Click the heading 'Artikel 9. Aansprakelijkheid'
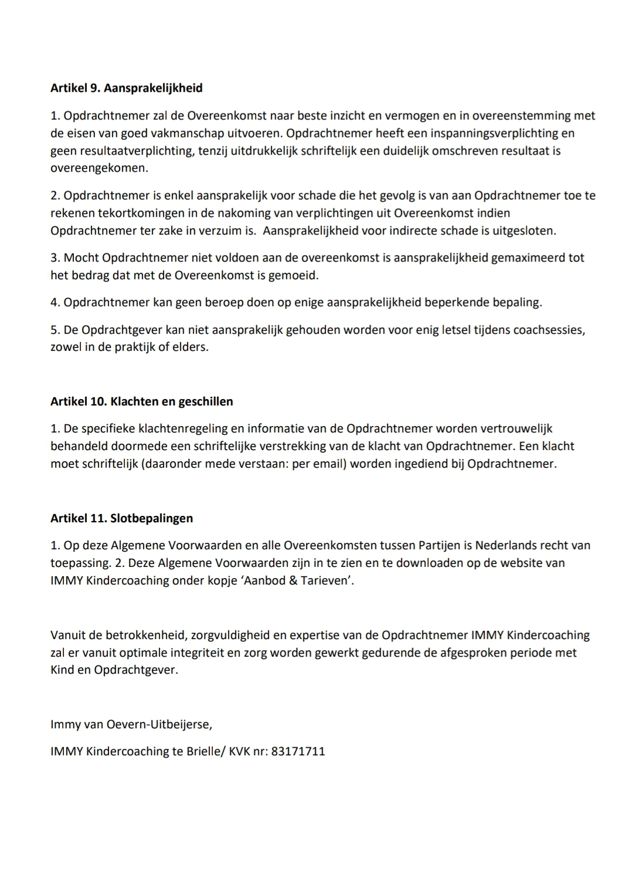pyautogui.click(x=127, y=88)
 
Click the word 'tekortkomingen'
pyautogui.click(x=131, y=213)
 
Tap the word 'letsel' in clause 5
pyautogui.click(x=433, y=330)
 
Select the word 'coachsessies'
pyautogui.click(x=548, y=330)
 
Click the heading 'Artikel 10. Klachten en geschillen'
pyautogui.click(x=142, y=401)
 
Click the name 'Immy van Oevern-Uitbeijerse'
pyautogui.click(x=131, y=724)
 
